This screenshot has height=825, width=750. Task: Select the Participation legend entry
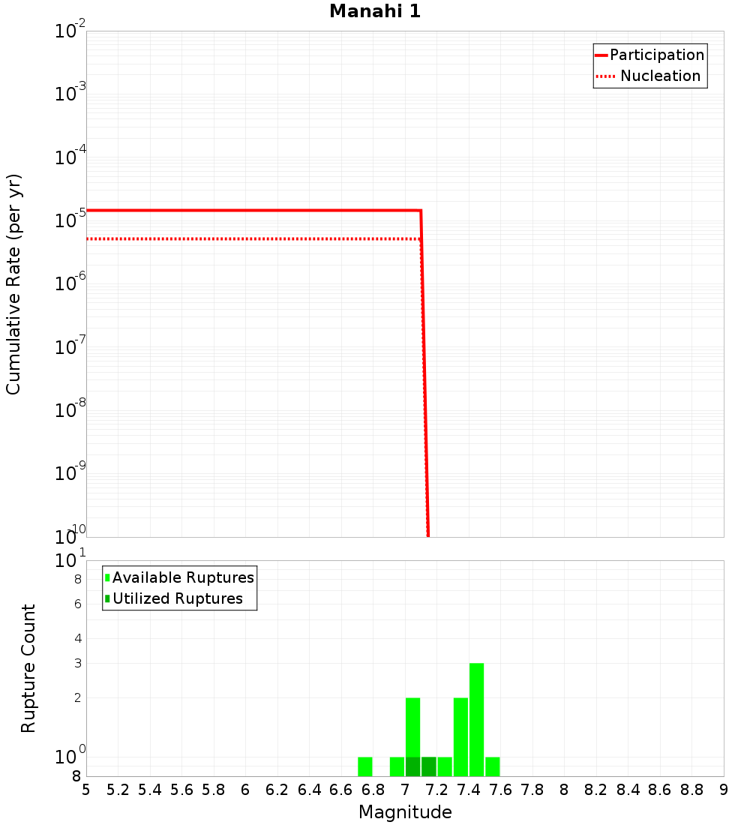coord(656,55)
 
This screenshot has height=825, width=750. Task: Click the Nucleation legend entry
coord(660,76)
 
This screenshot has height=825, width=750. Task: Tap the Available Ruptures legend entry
coord(183,577)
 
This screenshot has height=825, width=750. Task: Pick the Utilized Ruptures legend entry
coord(177,598)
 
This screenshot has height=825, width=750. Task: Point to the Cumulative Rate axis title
coord(13,284)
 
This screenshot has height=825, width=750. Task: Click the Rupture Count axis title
coord(28,668)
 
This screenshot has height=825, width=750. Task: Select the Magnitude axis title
coord(405,812)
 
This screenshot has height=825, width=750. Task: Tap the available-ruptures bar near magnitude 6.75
coord(365,766)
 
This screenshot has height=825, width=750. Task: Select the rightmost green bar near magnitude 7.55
coord(492,766)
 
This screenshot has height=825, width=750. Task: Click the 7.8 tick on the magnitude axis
coord(532,790)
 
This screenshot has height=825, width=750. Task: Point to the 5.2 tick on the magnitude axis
coord(118,790)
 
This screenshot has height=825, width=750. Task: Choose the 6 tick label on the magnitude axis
coord(245,790)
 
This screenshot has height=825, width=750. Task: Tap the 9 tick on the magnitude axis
coord(724,790)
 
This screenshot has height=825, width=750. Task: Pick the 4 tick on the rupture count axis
coord(77,638)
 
